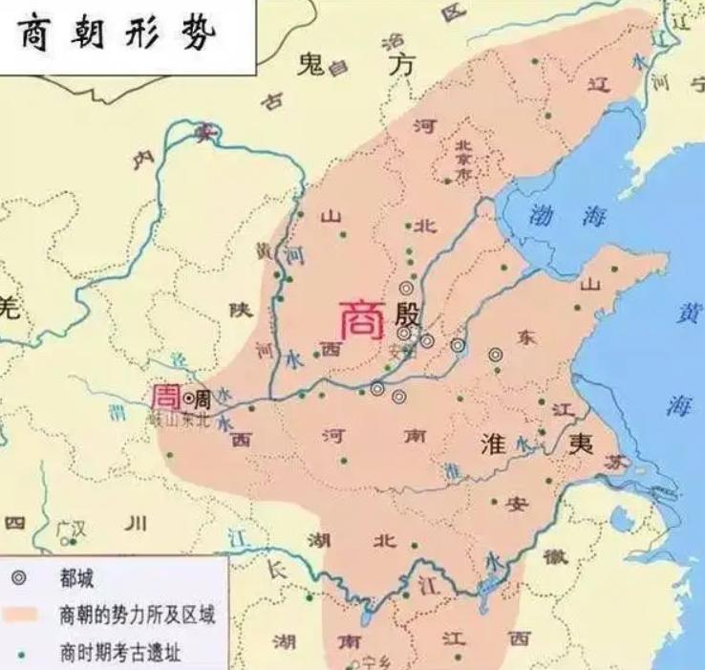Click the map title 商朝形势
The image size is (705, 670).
pos(118,35)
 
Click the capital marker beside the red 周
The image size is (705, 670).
pos(189,398)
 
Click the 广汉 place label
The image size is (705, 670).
pos(71,527)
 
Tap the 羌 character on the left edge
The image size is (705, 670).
pos(9,308)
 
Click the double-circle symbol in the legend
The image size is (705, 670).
pos(20,577)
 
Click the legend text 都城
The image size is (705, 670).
pos(77,577)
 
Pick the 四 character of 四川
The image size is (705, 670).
pos(15,523)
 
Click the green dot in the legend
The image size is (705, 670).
pos(21,654)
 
